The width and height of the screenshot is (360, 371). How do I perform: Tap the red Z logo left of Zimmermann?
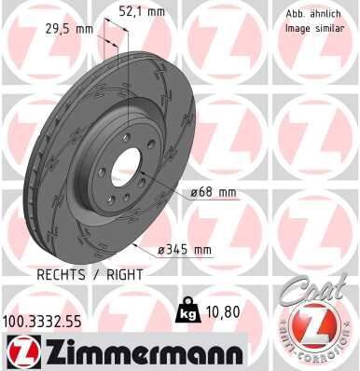(x=20, y=351)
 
